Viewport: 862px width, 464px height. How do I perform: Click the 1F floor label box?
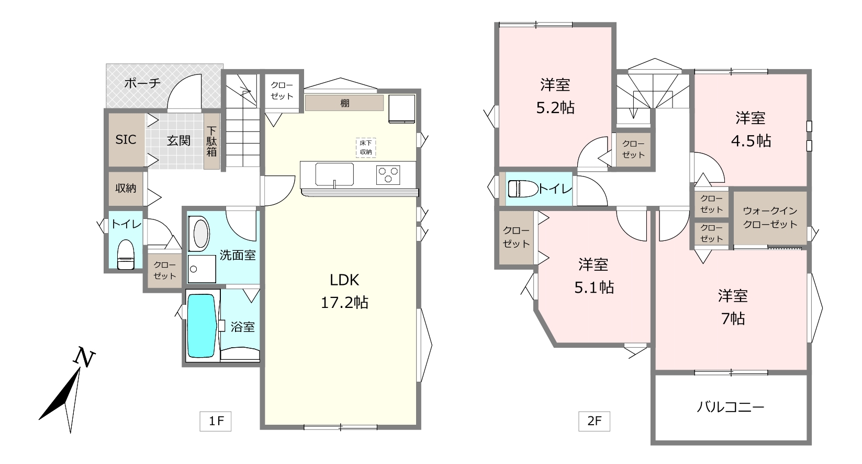pos(216,421)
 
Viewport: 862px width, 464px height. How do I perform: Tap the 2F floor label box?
pos(594,421)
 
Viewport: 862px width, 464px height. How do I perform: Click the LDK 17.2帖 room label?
pos(344,292)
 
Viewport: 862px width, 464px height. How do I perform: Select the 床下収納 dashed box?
pos(366,148)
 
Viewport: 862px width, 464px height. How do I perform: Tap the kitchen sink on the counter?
pos(334,174)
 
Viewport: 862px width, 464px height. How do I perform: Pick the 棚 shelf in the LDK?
pos(344,103)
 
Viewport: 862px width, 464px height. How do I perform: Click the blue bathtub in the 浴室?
pos(201,326)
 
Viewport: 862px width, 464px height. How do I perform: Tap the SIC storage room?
pos(126,140)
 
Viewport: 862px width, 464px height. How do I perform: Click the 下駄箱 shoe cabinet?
pos(211,141)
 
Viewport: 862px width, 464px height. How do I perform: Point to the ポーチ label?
pos(142,83)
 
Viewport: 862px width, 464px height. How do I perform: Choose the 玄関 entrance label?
pos(178,140)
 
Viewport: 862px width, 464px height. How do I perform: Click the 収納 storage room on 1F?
pos(126,189)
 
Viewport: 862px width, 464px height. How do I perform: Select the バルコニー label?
pos(731,407)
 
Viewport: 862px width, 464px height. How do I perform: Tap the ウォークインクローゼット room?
pos(770,217)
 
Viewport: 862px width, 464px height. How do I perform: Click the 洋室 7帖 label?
pos(733,307)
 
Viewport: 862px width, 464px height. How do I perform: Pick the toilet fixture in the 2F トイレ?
pos(523,189)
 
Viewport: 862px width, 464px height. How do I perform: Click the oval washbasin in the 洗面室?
pos(200,234)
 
